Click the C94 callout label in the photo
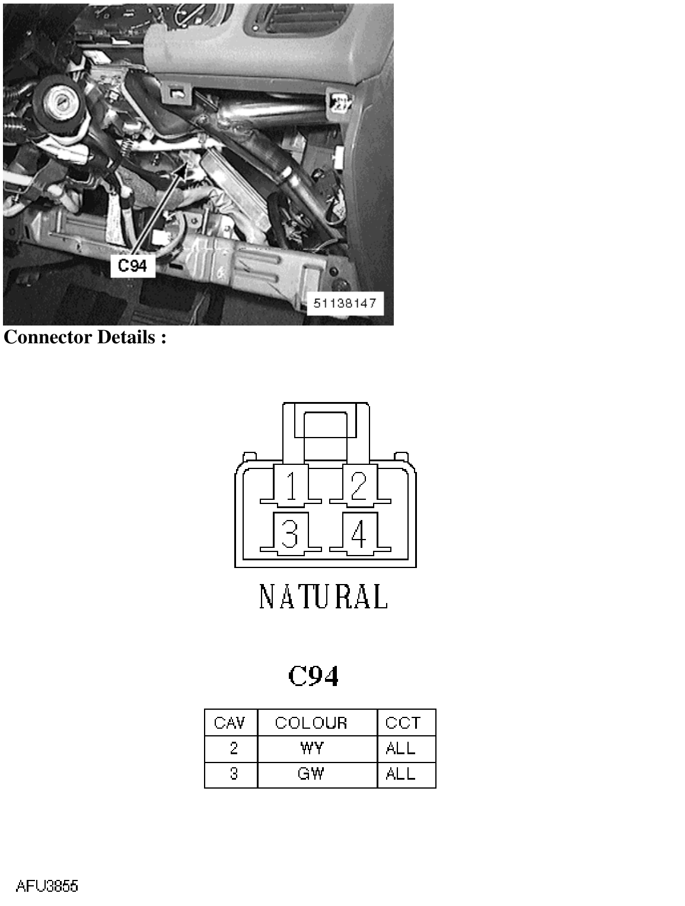(132, 266)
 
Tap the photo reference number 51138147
(345, 304)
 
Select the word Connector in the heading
(48, 337)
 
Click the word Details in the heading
(126, 337)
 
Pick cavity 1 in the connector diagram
(291, 486)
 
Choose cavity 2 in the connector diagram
(359, 486)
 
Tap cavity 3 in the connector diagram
(291, 534)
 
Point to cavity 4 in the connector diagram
(359, 534)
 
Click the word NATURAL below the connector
(323, 596)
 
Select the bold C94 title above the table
(313, 676)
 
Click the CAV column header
(230, 723)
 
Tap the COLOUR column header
(311, 723)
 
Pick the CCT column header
(403, 723)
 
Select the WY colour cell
(312, 748)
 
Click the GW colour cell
(311, 773)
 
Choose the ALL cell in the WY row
(400, 748)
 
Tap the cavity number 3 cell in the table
(234, 773)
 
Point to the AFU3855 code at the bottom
(47, 886)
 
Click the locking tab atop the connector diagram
(326, 431)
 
